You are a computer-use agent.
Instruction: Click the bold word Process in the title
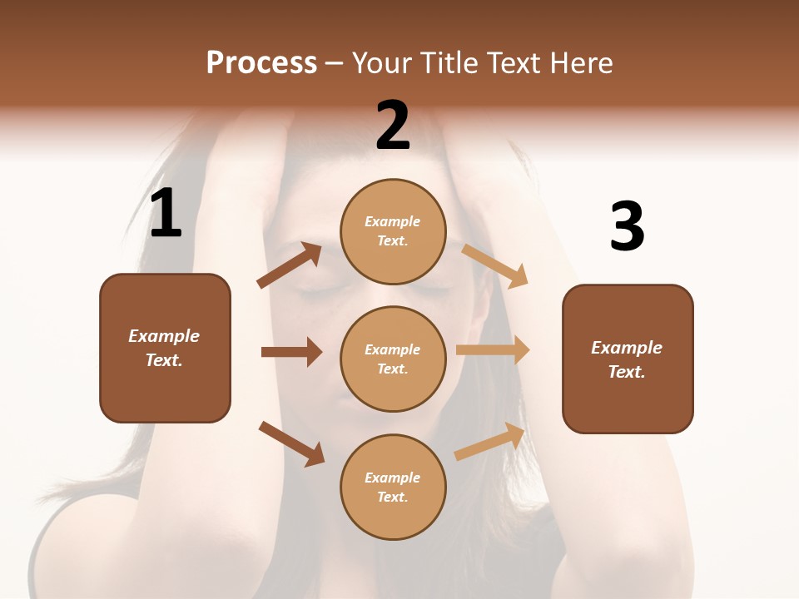coord(261,63)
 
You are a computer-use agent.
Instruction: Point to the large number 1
coord(166,214)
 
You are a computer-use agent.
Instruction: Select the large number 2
coord(393,125)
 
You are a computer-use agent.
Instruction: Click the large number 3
coord(627,227)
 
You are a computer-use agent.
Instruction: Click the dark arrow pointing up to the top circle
coord(290,265)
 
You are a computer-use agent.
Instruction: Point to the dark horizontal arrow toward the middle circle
coord(291,352)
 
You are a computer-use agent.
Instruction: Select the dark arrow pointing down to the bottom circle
coord(291,443)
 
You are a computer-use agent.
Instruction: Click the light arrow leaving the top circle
coord(495,265)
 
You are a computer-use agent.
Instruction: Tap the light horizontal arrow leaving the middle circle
coord(493,350)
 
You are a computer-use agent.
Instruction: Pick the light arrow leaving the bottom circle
coord(490,442)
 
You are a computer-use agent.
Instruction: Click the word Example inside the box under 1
coord(164,336)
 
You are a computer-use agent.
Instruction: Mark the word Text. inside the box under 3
coord(627,372)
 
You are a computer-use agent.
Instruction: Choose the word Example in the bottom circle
coord(393,478)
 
